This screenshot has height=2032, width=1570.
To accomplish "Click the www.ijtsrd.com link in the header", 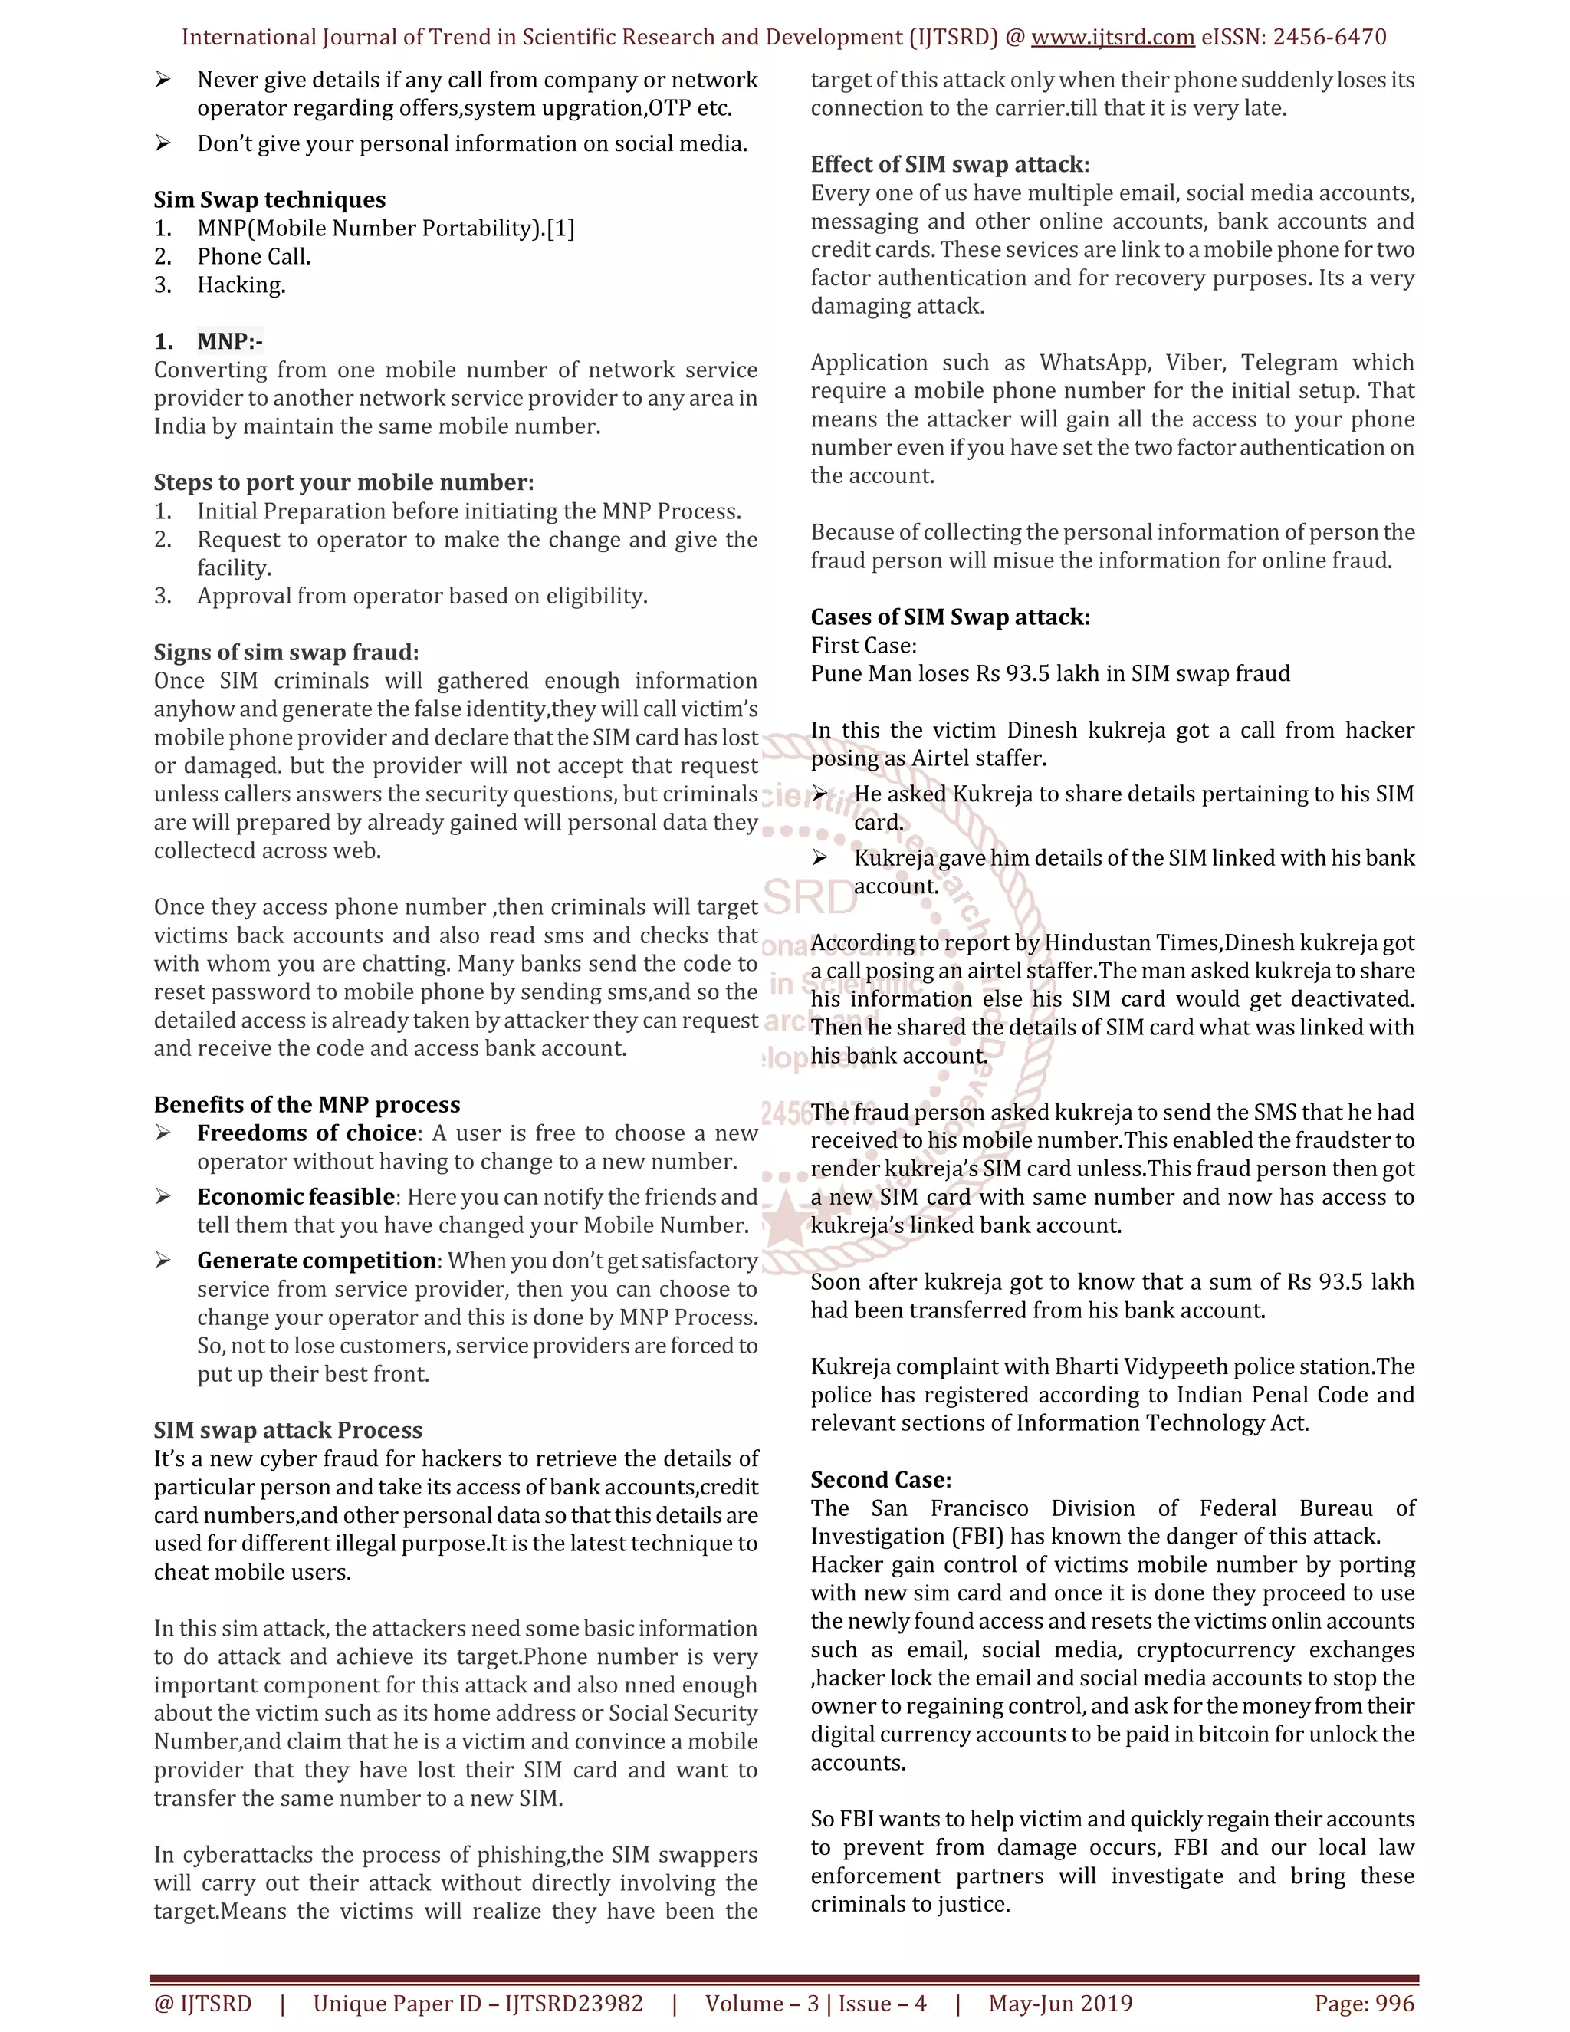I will click(x=1112, y=38).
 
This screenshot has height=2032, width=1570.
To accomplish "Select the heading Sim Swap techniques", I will click(x=269, y=200).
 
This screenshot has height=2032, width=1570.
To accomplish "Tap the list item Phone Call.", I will click(x=253, y=257).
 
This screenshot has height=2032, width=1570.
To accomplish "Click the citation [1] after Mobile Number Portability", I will click(x=561, y=229).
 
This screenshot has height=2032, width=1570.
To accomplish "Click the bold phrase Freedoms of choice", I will click(x=306, y=1133).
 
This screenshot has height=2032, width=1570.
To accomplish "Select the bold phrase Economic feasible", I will click(x=296, y=1198).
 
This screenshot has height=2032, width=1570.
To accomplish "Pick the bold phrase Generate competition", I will click(x=317, y=1261).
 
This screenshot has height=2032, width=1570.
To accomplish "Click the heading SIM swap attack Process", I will click(x=287, y=1430).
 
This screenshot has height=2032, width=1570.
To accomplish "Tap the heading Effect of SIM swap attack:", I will click(x=950, y=165).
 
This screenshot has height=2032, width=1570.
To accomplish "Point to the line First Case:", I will click(x=863, y=646).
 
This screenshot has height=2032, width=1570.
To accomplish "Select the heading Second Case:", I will click(x=880, y=1480).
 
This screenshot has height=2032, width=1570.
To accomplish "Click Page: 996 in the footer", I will click(x=1364, y=2003).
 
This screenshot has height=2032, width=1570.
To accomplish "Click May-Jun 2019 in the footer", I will click(x=1059, y=2003).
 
